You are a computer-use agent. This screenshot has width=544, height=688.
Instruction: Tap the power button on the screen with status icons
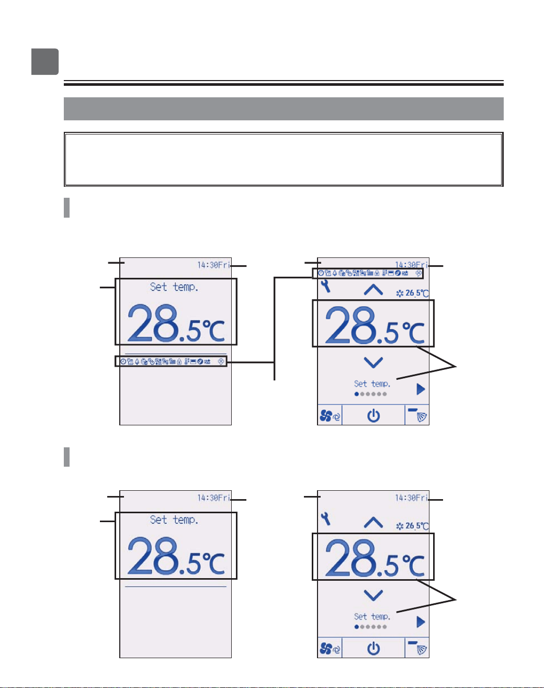coord(373,416)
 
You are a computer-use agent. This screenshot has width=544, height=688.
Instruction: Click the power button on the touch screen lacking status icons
coord(373,649)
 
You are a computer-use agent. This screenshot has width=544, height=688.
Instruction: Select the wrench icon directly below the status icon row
coord(326,286)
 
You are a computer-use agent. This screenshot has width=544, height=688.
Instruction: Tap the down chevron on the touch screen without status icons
coord(373,595)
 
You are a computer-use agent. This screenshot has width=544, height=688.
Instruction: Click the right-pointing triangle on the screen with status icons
coord(421,389)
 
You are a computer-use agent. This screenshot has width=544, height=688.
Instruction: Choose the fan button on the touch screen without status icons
coord(330,649)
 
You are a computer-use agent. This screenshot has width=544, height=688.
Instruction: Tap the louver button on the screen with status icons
coord(417,415)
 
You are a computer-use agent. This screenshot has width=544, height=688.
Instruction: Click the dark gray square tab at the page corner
coord(45,61)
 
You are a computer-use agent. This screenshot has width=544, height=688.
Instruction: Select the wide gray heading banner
coord(284,109)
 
